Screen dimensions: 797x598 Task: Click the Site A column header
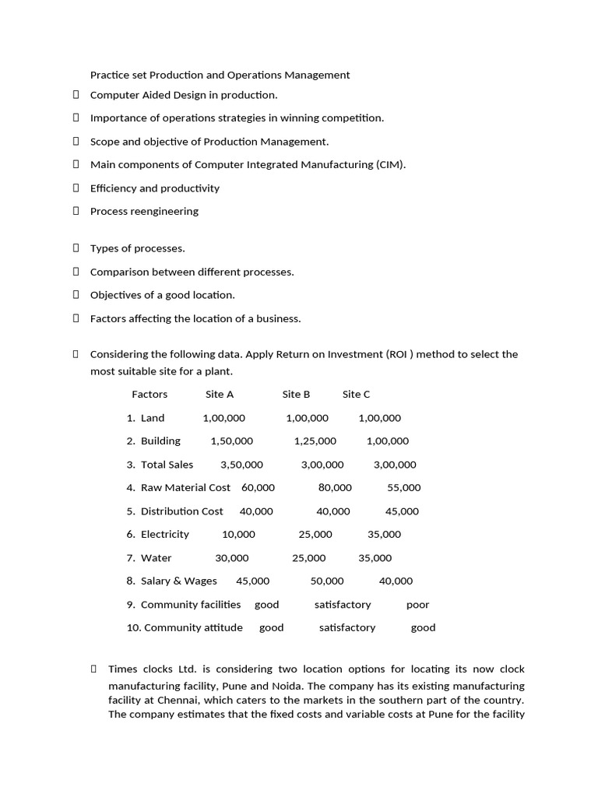point(220,395)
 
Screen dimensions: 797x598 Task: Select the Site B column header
point(296,395)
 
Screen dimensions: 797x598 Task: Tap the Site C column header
point(356,395)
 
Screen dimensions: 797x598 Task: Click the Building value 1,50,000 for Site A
point(231,441)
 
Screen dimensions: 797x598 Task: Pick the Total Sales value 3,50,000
point(241,465)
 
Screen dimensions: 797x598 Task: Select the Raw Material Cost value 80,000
point(335,488)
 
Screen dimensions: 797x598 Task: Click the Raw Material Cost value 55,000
point(403,488)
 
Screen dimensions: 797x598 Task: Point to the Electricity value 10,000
point(238,535)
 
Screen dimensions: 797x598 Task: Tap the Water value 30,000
point(232,558)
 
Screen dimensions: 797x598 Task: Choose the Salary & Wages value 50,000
point(327,581)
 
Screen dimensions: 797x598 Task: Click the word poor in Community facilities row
point(417,605)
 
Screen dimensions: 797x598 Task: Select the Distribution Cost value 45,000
point(402,511)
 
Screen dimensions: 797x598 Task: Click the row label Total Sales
point(167,465)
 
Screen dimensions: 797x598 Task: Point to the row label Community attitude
point(193,628)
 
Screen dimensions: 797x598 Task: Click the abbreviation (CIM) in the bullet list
point(389,165)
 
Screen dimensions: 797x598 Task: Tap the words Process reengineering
point(144,212)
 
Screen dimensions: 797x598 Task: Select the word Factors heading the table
point(149,395)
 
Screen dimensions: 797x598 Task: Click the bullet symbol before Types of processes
point(76,248)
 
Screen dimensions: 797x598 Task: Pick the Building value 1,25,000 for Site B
point(315,441)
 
